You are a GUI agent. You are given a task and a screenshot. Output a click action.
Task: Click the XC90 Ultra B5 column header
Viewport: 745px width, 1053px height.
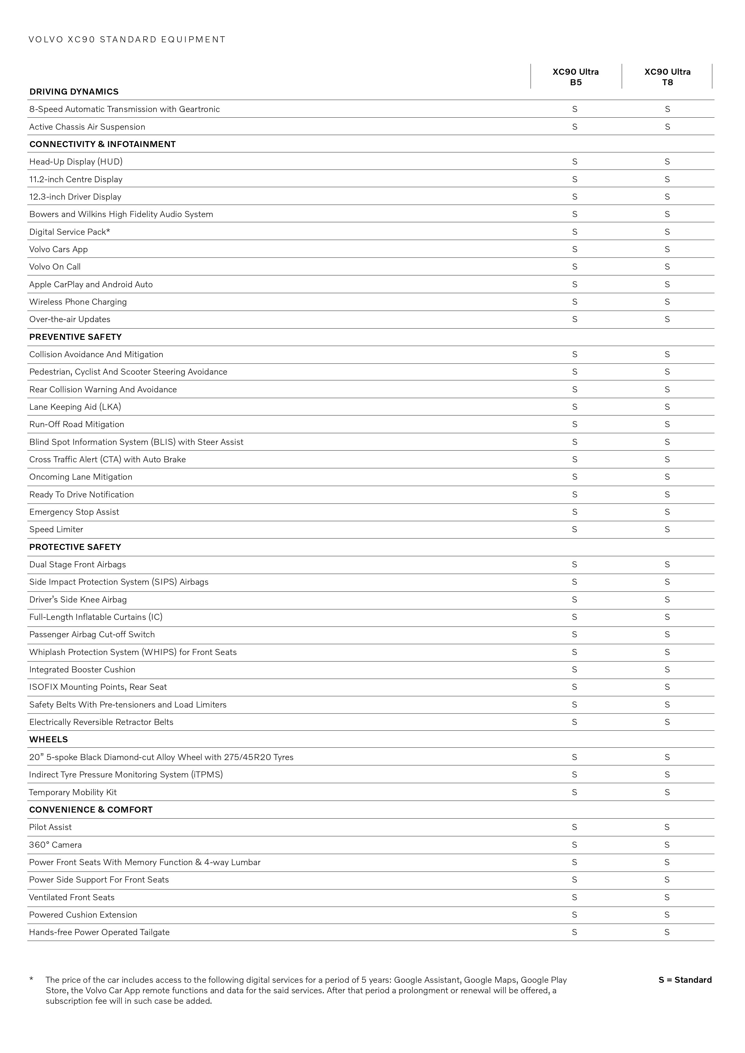pyautogui.click(x=575, y=77)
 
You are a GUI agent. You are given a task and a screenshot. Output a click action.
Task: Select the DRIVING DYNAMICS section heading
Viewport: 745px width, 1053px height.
pyautogui.click(x=74, y=92)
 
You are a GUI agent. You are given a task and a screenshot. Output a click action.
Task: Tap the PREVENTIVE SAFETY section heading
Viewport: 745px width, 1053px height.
pyautogui.click(x=75, y=337)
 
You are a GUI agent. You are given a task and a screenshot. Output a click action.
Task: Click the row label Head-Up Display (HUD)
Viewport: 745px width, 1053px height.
pyautogui.click(x=76, y=161)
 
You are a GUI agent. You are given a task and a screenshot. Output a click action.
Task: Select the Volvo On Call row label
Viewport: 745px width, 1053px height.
pyautogui.click(x=55, y=267)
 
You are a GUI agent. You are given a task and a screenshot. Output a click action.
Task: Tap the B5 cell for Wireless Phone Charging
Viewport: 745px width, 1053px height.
pyautogui.click(x=574, y=302)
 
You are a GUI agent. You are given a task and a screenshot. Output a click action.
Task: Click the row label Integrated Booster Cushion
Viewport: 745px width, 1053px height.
pyautogui.click(x=82, y=670)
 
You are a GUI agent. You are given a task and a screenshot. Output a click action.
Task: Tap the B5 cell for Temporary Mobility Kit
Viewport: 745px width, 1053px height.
pyautogui.click(x=574, y=792)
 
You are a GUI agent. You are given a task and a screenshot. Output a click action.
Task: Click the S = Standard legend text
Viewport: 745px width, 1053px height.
pyautogui.click(x=685, y=980)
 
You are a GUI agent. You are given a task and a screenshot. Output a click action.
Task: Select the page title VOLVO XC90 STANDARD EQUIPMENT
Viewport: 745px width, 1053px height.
pyautogui.click(x=127, y=39)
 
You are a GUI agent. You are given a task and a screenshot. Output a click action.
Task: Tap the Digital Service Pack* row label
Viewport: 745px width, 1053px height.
pyautogui.click(x=70, y=232)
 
